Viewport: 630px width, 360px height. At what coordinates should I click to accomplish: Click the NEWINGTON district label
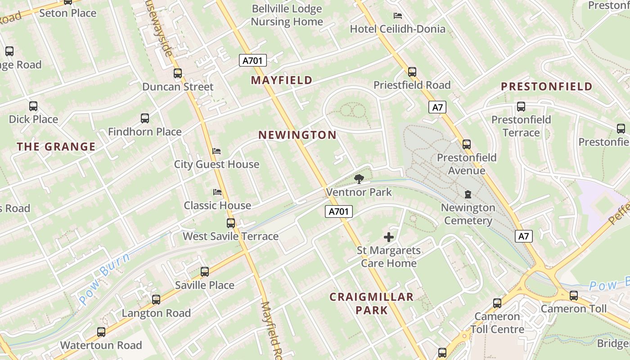[x=297, y=135]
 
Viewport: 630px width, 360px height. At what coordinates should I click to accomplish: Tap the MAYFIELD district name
[x=282, y=81]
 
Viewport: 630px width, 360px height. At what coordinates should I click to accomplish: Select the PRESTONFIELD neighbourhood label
[x=546, y=87]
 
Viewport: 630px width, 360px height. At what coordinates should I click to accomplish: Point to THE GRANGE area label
[x=56, y=147]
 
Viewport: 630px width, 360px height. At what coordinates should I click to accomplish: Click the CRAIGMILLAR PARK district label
[x=371, y=303]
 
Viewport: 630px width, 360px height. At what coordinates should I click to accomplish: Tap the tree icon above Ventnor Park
[x=359, y=179]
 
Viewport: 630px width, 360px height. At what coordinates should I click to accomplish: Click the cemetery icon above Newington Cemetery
[x=468, y=195]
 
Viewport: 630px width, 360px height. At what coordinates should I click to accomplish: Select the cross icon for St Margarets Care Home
[x=389, y=237]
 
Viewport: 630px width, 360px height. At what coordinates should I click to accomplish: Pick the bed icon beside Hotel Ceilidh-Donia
[x=398, y=16]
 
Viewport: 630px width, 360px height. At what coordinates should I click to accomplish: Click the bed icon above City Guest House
[x=217, y=151]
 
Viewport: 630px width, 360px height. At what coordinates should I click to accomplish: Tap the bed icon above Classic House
[x=217, y=192]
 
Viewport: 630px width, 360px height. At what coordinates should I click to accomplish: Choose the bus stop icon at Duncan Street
[x=178, y=73]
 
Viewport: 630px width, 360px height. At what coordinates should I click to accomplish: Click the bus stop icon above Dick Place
[x=33, y=107]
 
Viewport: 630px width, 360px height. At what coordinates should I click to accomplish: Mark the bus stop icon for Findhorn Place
[x=145, y=119]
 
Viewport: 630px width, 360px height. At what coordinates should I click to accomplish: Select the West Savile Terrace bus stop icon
[x=231, y=223]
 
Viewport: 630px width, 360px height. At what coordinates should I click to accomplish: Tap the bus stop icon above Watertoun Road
[x=101, y=332]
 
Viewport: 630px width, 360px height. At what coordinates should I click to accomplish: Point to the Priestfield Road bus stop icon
[x=412, y=72]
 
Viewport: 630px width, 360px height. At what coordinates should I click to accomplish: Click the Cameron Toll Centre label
[x=497, y=323]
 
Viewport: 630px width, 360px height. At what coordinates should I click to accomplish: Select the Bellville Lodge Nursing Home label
[x=287, y=15]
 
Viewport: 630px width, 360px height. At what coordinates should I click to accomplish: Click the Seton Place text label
[x=68, y=13]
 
